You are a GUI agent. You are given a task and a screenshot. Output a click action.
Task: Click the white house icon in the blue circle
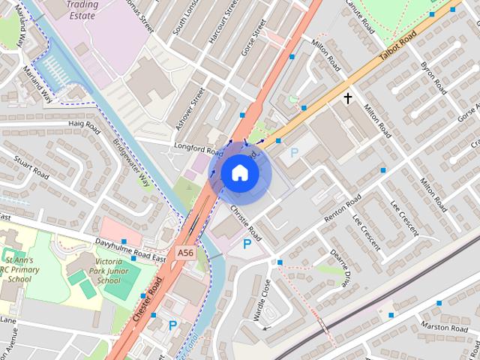tap(239, 172)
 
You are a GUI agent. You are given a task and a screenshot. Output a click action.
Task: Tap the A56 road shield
tap(186, 253)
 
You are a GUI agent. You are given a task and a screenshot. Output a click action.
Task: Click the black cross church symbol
tap(348, 97)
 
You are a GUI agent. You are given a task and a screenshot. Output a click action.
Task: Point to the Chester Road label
tap(148, 300)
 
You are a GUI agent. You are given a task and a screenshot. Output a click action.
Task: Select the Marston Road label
tap(445, 328)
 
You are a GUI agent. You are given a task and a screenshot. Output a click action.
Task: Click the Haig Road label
tap(84, 124)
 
